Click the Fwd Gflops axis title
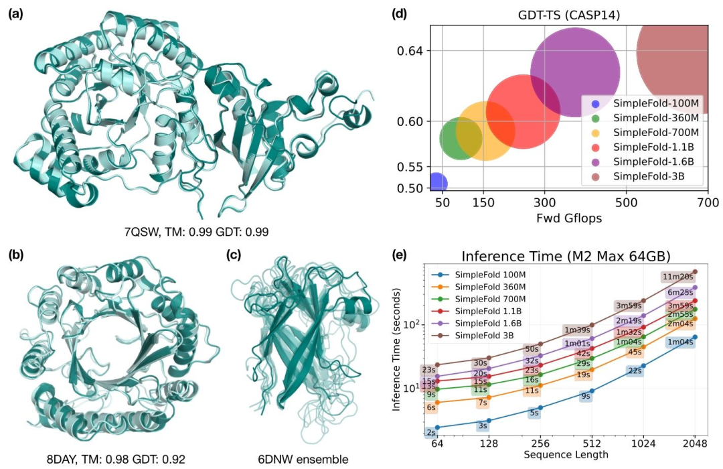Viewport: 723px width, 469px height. pyautogui.click(x=569, y=218)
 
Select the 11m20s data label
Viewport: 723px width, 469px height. pyautogui.click(x=677, y=277)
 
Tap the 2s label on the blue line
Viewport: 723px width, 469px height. pyautogui.click(x=431, y=433)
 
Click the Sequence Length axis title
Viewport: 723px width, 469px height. pyautogui.click(x=566, y=455)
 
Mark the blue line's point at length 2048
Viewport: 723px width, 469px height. pyautogui.click(x=695, y=337)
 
